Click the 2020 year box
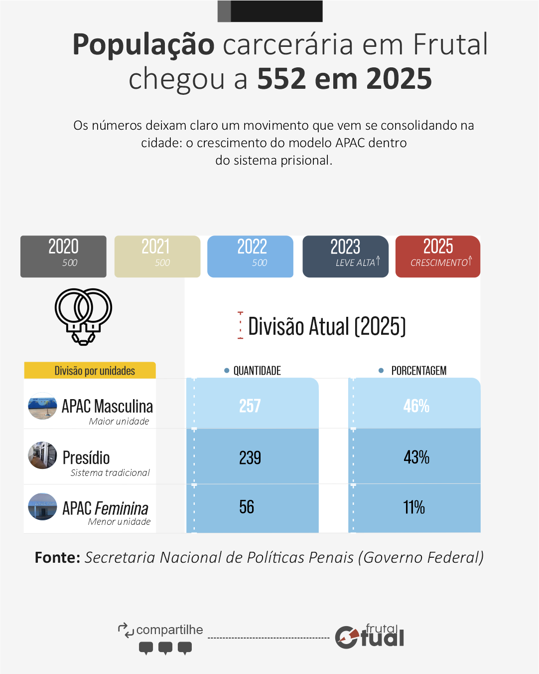[x=63, y=256]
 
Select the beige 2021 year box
[x=157, y=256]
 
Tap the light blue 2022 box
[x=250, y=256]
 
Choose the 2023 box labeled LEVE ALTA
[x=345, y=256]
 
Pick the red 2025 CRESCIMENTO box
[x=438, y=256]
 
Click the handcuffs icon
[x=83, y=316]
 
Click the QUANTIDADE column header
[x=257, y=371]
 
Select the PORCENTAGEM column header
[x=418, y=371]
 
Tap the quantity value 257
[x=250, y=406]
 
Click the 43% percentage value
[x=416, y=457]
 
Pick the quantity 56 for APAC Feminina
[x=247, y=507]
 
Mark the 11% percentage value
[x=414, y=507]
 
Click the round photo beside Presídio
[x=42, y=455]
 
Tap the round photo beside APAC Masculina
[x=42, y=406]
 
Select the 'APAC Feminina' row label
[x=105, y=508]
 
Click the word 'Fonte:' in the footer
[x=57, y=557]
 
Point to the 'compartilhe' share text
[x=169, y=630]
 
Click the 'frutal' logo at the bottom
[x=371, y=636]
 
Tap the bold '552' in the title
[x=281, y=79]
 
